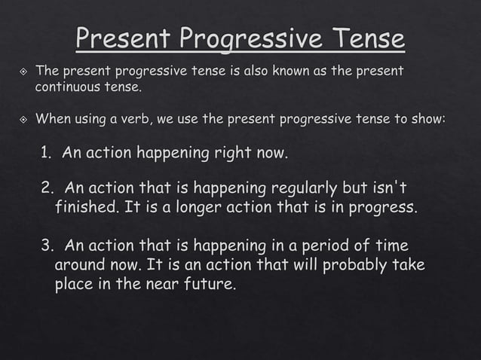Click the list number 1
(47, 154)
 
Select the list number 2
(47, 188)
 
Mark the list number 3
(47, 246)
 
